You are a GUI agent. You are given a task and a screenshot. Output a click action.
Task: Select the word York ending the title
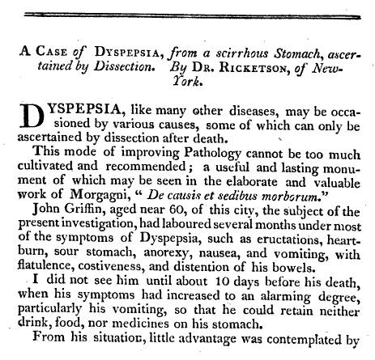pyautogui.click(x=188, y=83)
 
